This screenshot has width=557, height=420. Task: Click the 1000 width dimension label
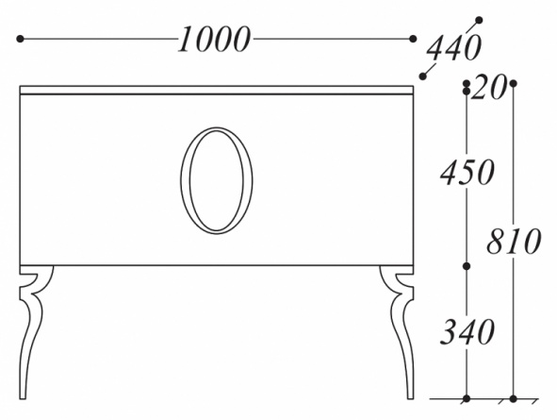tap(214, 39)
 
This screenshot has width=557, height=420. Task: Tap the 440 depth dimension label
tap(453, 47)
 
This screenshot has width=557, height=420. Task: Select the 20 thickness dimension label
tap(488, 88)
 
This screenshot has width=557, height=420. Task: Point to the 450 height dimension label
tap(467, 172)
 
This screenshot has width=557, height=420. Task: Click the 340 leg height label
tap(467, 331)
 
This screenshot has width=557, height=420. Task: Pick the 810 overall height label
tap(514, 241)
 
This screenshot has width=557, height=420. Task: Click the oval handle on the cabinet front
tap(217, 127)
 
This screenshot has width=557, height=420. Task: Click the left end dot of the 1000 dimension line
tap(20, 39)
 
